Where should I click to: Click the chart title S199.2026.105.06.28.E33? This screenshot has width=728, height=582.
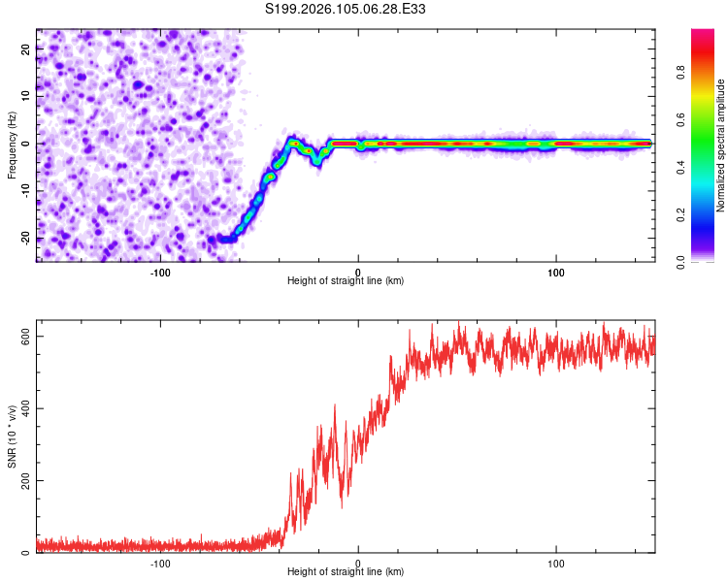[346, 10]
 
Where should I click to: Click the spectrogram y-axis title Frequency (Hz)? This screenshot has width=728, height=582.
[12, 145]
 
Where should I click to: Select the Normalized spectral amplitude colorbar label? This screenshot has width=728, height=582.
[721, 145]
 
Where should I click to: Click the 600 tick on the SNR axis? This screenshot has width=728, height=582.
[27, 337]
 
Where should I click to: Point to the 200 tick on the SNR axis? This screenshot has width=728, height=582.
[27, 481]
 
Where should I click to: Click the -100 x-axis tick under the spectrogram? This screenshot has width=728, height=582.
[160, 272]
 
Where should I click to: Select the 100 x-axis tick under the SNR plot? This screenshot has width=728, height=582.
[556, 564]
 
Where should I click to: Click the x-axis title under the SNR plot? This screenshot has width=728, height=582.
[346, 573]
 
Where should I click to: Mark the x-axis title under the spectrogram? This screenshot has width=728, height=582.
[346, 281]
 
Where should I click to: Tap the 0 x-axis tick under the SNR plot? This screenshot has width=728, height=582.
[358, 564]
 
